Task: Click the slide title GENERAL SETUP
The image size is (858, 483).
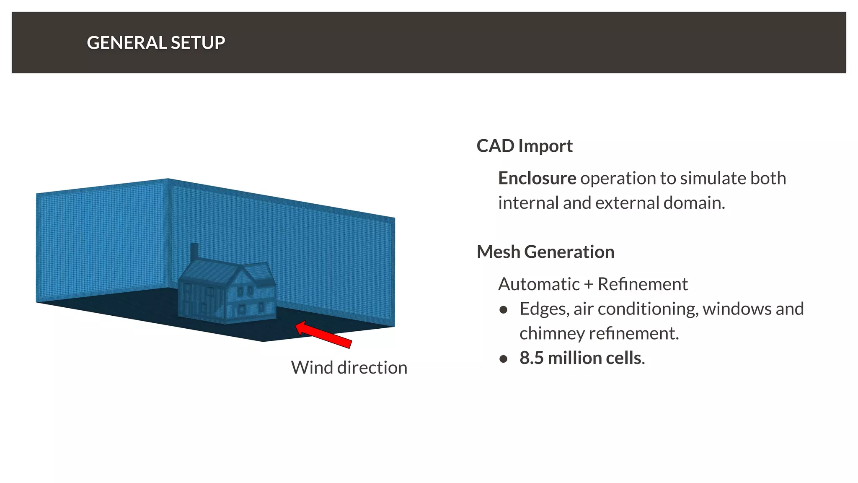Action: [156, 43]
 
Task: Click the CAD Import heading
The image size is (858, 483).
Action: [524, 146]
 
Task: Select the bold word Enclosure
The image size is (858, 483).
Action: [537, 179]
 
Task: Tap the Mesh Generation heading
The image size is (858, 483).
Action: [545, 252]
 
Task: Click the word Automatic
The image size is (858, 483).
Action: [539, 284]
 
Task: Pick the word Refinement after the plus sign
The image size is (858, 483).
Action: [642, 284]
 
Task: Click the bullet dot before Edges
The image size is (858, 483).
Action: [504, 310]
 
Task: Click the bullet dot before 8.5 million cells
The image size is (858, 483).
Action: [504, 359]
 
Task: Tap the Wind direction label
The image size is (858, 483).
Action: [349, 368]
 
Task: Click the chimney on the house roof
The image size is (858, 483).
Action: [194, 252]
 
